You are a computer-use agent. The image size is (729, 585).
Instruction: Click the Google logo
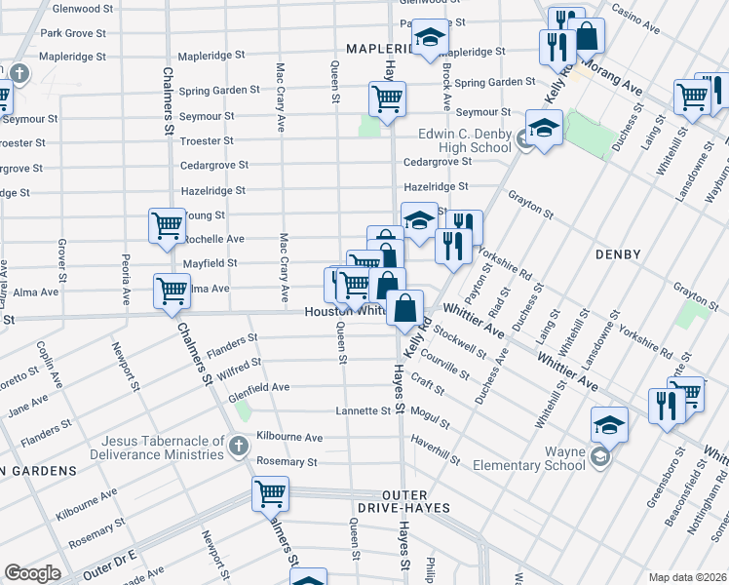31,573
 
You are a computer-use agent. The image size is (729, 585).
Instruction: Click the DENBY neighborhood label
619,254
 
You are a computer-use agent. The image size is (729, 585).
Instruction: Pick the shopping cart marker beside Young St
167,225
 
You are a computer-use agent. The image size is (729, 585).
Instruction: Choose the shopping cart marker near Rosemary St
270,492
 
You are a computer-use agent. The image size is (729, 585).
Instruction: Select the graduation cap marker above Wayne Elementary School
609,424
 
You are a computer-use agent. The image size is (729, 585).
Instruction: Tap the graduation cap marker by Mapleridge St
427,39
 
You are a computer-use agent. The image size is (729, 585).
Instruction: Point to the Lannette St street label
363,411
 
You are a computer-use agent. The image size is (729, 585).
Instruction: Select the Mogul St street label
430,417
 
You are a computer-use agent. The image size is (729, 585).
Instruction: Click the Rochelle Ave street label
214,239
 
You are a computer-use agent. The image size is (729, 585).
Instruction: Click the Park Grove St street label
73,33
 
